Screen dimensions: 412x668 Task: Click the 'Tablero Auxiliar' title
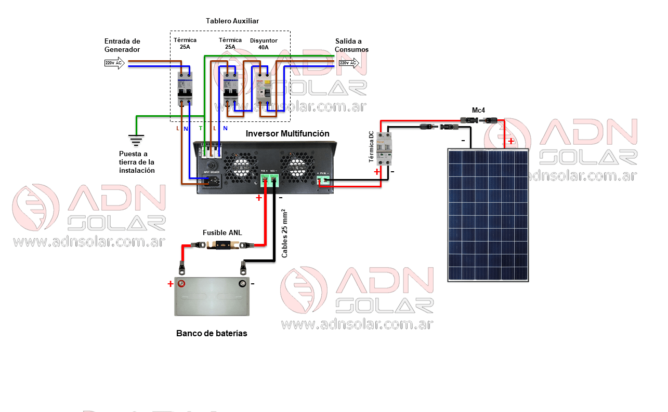[232, 21]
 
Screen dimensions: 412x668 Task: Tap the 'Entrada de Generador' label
[122, 45]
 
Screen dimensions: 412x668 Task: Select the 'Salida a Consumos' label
[351, 45]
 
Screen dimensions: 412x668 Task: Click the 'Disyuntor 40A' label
[264, 44]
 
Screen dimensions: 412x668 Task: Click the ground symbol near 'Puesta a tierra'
[136, 140]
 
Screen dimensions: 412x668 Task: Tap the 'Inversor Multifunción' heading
[287, 134]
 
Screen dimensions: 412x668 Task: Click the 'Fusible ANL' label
[222, 232]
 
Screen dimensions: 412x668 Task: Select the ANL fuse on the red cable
[222, 245]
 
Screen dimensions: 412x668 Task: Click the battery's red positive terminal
[181, 284]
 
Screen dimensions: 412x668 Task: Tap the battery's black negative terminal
[242, 284]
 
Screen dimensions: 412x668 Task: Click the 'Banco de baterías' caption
[212, 333]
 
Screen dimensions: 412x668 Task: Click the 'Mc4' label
[478, 111]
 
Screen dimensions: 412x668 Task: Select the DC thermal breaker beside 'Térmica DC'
[384, 149]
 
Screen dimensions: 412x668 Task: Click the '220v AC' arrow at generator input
[114, 63]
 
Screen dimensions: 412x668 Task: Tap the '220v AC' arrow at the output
[348, 63]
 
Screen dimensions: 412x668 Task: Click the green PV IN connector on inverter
[323, 180]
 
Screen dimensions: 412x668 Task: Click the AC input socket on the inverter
[213, 181]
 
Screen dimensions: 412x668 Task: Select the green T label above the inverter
[201, 128]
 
